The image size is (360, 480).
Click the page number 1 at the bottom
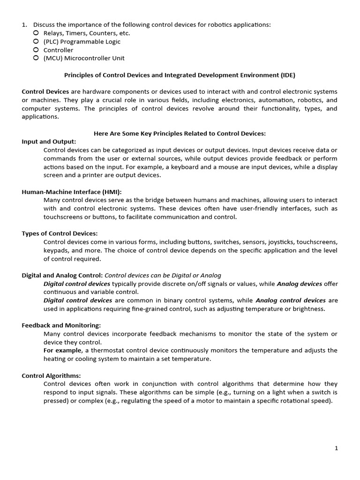point(336,448)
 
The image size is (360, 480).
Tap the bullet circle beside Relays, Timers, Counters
point(36,33)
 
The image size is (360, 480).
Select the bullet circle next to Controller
point(36,50)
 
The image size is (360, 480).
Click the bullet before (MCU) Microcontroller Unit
point(36,58)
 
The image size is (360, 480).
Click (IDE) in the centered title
point(288,75)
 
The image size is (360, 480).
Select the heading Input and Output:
point(49,142)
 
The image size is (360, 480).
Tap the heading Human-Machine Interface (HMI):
point(72,192)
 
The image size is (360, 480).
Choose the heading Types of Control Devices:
point(60,233)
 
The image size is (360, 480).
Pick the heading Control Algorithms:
point(52,375)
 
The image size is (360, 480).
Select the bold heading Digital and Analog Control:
point(62,275)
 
